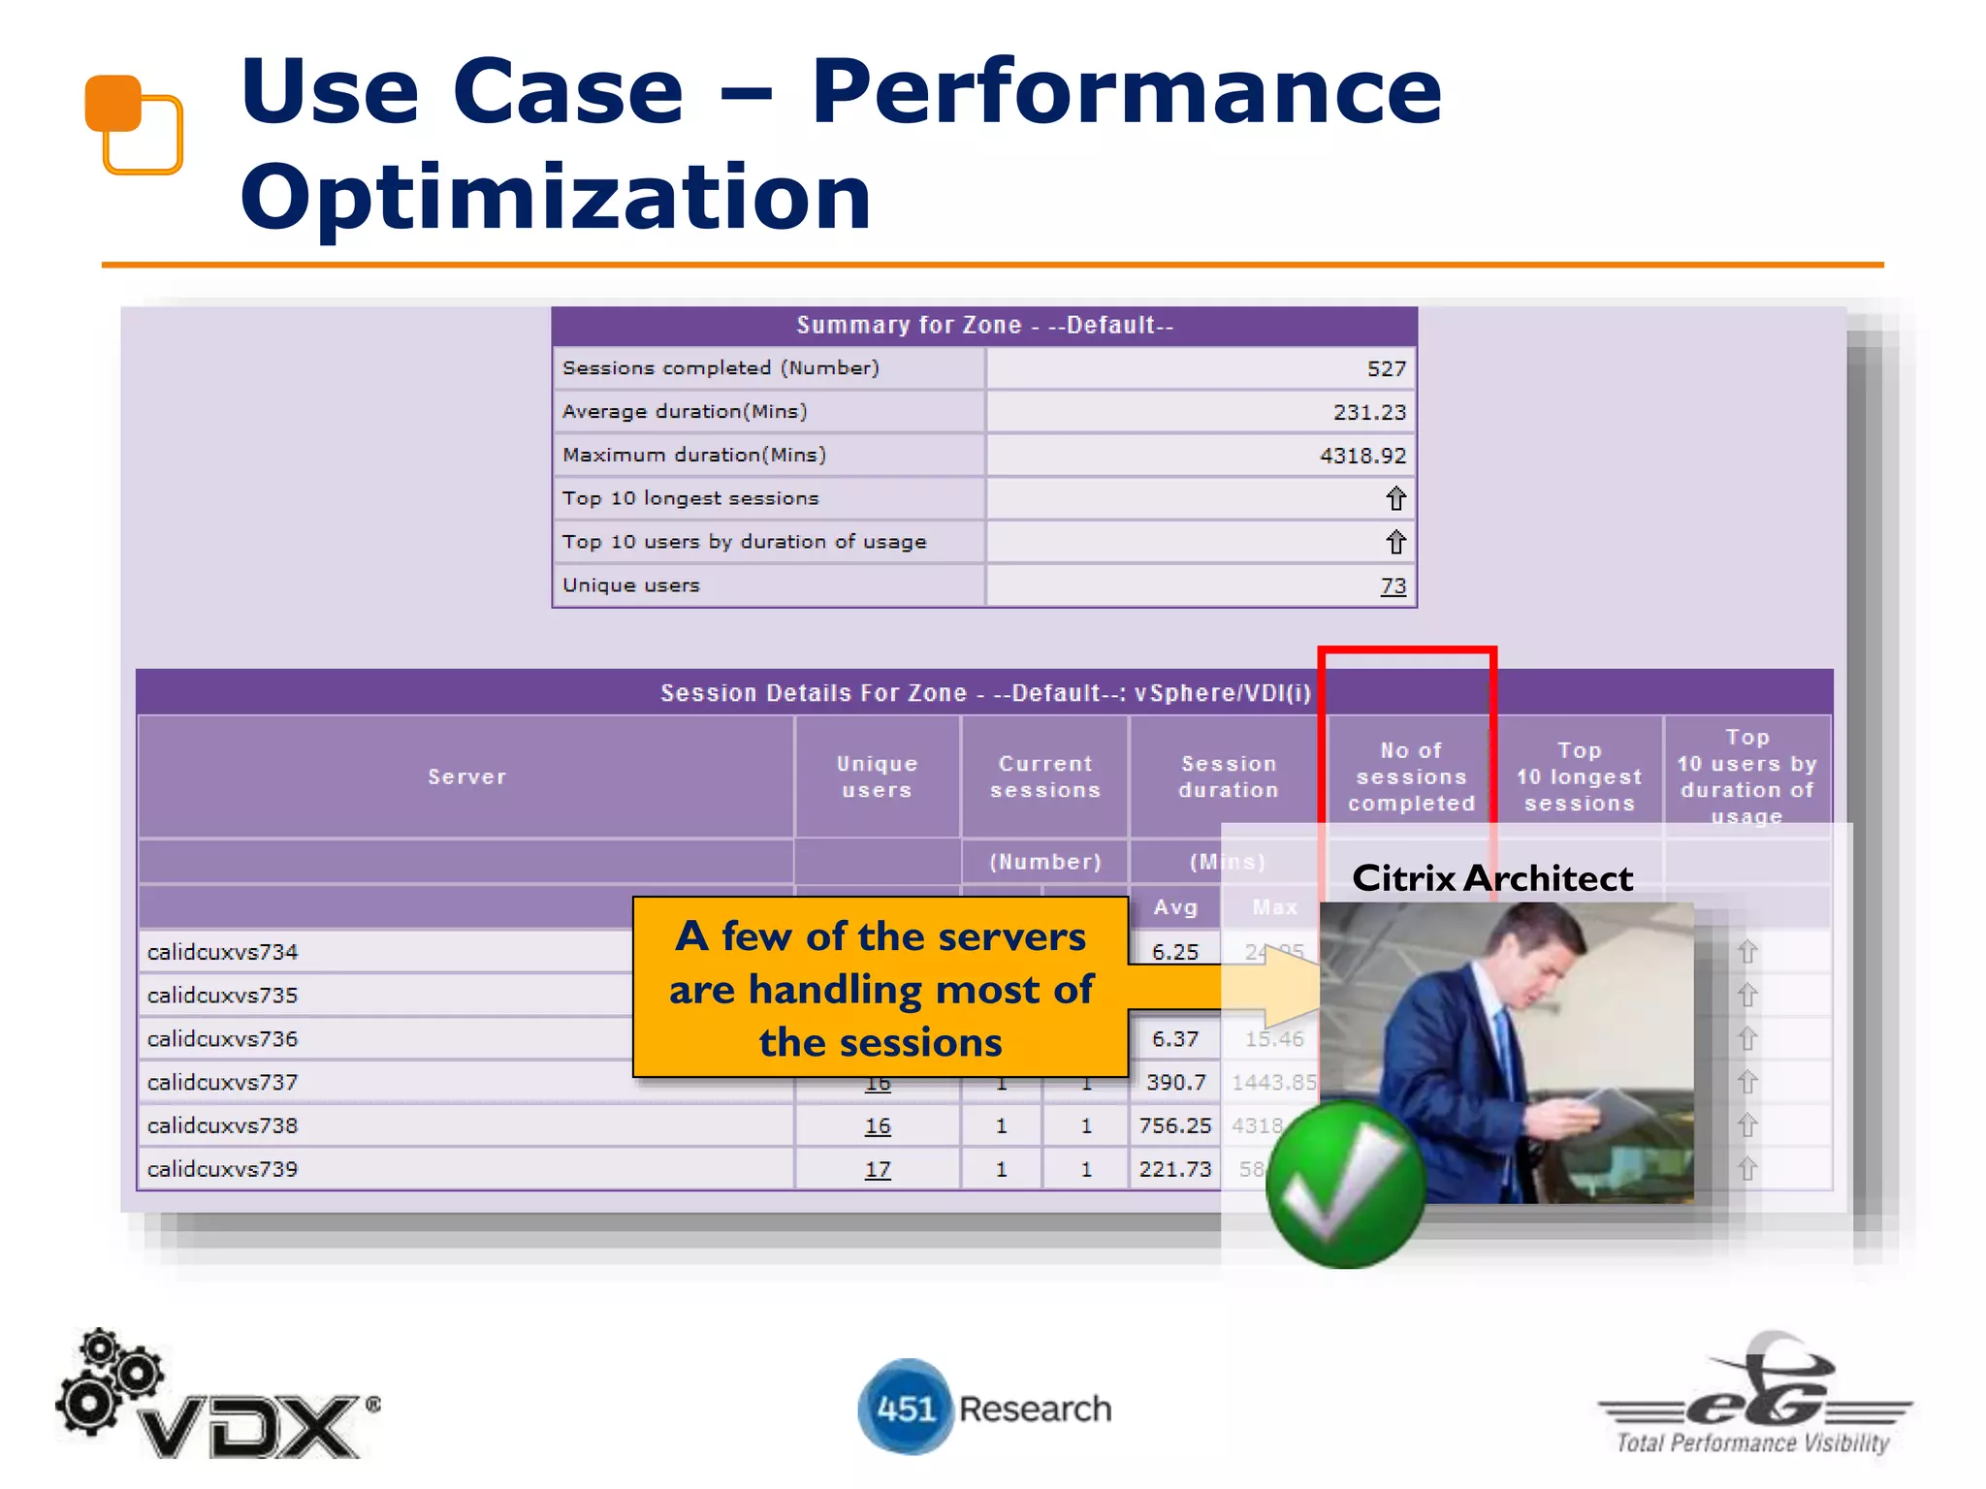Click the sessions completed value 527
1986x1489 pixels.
(x=1386, y=369)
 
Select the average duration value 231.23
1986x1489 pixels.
(x=1368, y=412)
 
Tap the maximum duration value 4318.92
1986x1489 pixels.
(x=1361, y=456)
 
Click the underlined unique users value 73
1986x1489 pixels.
(x=1393, y=586)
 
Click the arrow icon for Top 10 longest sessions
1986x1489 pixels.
(x=1395, y=499)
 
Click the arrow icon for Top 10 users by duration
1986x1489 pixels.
(x=1395, y=543)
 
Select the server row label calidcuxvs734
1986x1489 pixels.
(x=223, y=952)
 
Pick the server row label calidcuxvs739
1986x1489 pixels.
(x=223, y=1169)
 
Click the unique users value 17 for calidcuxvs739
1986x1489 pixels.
(x=877, y=1170)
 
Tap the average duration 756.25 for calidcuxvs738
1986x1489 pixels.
(x=1174, y=1125)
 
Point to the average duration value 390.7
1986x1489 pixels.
(x=1175, y=1082)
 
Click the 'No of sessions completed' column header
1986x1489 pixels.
(x=1410, y=776)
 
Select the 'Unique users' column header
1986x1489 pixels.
(x=877, y=776)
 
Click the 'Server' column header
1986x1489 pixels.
(x=466, y=776)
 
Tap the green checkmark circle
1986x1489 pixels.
(x=1346, y=1185)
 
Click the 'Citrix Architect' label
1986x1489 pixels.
(x=1491, y=878)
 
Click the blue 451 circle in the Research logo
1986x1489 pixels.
(x=906, y=1408)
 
